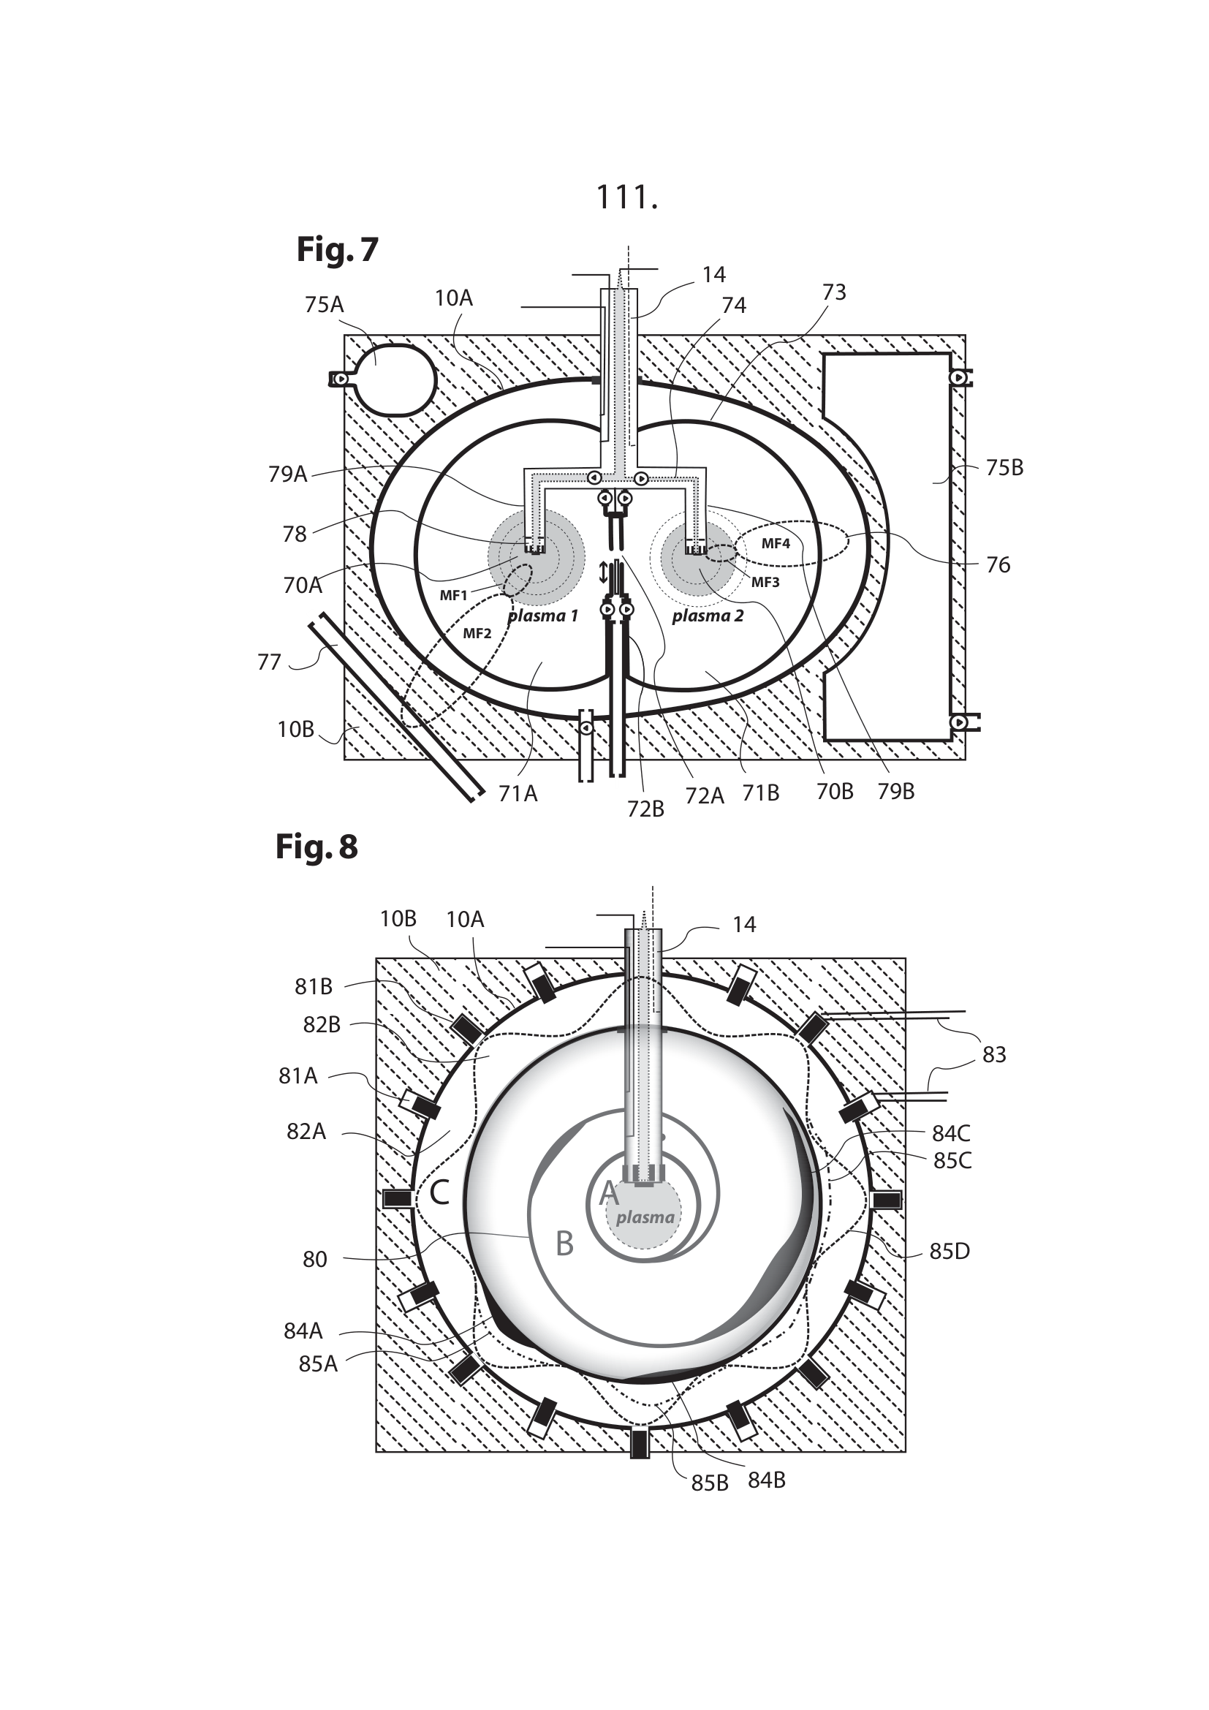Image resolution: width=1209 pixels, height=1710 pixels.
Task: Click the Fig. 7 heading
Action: pyautogui.click(x=337, y=249)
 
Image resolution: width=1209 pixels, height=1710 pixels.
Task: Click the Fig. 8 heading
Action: pyautogui.click(x=317, y=847)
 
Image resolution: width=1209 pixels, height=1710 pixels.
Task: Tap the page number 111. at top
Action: pyautogui.click(x=628, y=197)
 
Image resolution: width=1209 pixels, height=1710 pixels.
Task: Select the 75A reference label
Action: pyautogui.click(x=324, y=305)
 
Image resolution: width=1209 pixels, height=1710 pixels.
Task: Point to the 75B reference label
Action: pyautogui.click(x=1004, y=468)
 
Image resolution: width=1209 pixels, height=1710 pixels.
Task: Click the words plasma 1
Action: pyautogui.click(x=542, y=616)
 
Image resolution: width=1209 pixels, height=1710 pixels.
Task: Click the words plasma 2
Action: pyautogui.click(x=708, y=616)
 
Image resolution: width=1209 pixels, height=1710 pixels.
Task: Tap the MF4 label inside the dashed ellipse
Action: pyautogui.click(x=776, y=544)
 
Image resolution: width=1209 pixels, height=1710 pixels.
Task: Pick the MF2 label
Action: pyautogui.click(x=477, y=634)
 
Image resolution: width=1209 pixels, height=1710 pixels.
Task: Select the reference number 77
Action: pyautogui.click(x=269, y=662)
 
